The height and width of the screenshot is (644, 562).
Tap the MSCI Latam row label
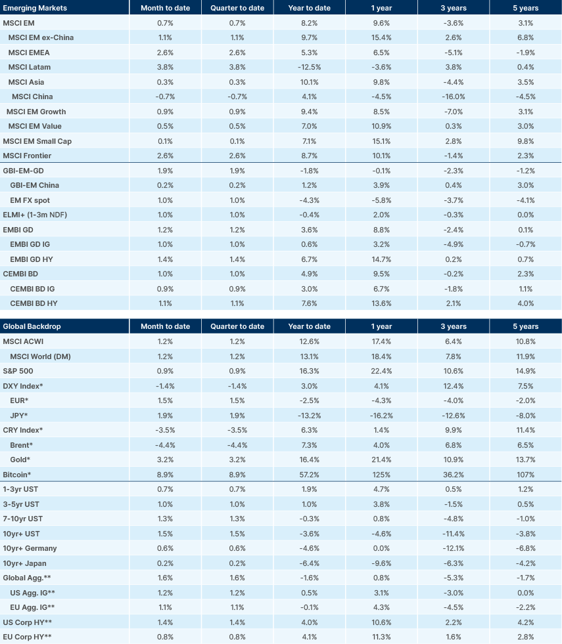tap(30, 67)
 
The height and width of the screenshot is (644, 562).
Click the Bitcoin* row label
tap(18, 474)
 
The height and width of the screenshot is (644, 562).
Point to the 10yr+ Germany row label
tap(30, 548)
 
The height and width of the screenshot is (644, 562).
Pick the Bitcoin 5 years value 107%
tap(525, 474)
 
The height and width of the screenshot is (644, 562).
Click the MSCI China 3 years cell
tap(453, 97)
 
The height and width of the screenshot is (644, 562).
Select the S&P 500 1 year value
tap(381, 371)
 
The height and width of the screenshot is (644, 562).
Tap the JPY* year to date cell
tap(309, 415)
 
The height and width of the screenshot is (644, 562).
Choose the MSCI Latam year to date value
tap(309, 67)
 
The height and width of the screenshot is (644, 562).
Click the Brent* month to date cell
tap(166, 444)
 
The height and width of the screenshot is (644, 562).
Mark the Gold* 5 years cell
tap(525, 460)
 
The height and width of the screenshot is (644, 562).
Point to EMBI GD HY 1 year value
tap(381, 259)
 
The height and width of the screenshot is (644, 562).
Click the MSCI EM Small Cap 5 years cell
tap(525, 141)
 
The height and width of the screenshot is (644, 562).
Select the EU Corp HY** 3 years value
tap(453, 637)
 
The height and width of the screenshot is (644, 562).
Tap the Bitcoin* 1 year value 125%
tap(381, 474)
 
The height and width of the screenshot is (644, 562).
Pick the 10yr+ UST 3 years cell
tap(453, 533)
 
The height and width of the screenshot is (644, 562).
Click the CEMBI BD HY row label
tap(34, 303)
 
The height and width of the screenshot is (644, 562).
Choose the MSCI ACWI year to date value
tap(309, 341)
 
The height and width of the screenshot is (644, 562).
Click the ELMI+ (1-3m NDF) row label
tap(34, 215)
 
